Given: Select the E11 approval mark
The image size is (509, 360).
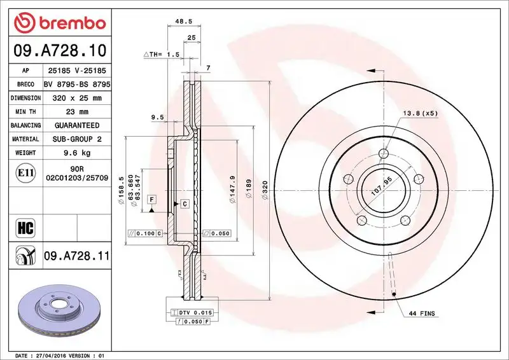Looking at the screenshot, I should [26, 172].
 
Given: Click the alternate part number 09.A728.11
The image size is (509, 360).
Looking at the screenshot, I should [77, 256].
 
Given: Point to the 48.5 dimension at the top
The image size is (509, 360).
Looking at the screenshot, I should [184, 21].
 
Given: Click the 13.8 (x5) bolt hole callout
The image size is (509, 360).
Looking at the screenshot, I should [421, 113].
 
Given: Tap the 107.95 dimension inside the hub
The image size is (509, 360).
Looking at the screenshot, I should [379, 189].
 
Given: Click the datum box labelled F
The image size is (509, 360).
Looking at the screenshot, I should [152, 200].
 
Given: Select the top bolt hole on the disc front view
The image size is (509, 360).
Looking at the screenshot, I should [382, 153].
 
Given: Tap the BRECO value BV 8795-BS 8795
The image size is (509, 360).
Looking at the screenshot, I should [77, 84].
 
